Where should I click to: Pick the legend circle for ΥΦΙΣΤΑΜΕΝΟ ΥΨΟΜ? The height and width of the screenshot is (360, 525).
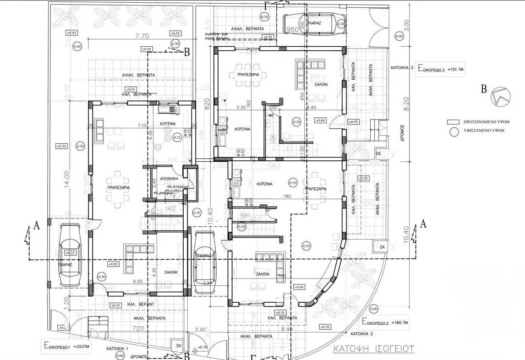click(454, 131)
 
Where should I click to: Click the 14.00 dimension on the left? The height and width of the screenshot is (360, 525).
click(67, 180)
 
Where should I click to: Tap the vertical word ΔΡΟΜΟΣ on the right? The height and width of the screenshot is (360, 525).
click(401, 133)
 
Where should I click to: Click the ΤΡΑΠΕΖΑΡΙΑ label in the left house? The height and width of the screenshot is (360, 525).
click(118, 188)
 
